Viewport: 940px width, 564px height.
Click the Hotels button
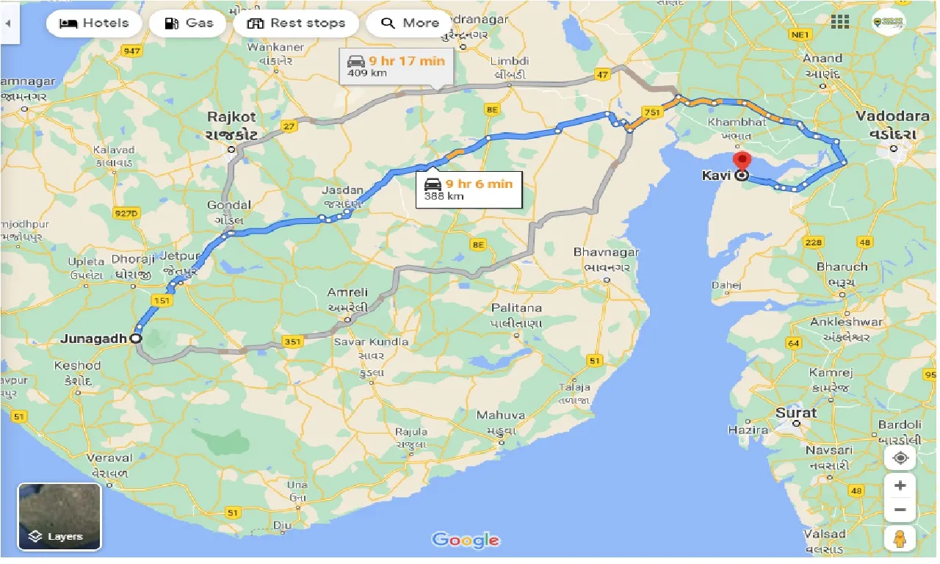pyautogui.click(x=93, y=23)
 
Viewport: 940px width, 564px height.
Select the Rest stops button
pyautogui.click(x=296, y=23)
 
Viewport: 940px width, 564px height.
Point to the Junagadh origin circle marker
pyautogui.click(x=135, y=339)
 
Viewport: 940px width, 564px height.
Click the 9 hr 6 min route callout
pyautogui.click(x=468, y=189)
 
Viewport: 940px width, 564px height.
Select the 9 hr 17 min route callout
pyautogui.click(x=397, y=67)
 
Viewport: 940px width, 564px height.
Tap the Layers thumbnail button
pyautogui.click(x=59, y=516)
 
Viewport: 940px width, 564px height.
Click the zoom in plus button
pyautogui.click(x=900, y=485)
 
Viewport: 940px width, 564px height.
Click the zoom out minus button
pyautogui.click(x=900, y=510)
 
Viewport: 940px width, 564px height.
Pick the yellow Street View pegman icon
pyautogui.click(x=900, y=538)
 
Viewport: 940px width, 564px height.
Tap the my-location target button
pyautogui.click(x=900, y=458)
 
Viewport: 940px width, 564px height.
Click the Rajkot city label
pyautogui.click(x=231, y=117)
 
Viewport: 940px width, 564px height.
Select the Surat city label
pyautogui.click(x=796, y=413)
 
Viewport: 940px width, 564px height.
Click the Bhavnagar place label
pyautogui.click(x=606, y=252)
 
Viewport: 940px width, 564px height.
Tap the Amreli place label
pyautogui.click(x=347, y=292)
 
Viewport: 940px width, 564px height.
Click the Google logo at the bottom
pyautogui.click(x=466, y=540)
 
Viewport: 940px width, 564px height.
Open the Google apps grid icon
pyautogui.click(x=839, y=21)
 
